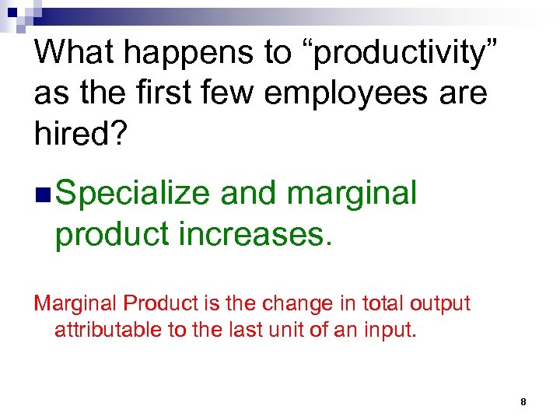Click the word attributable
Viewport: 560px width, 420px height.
(x=107, y=331)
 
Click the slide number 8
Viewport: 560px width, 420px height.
(x=523, y=401)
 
